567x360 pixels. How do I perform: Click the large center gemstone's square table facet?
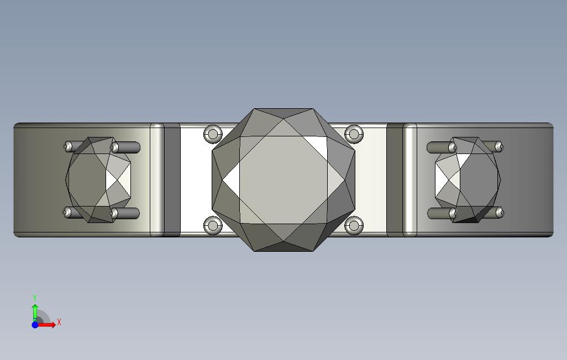point(283,179)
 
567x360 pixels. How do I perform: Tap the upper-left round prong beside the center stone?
point(213,134)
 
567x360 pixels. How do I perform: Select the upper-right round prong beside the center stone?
point(354,134)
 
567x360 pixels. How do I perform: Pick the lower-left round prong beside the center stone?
point(213,225)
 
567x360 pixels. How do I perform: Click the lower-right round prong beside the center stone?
point(354,225)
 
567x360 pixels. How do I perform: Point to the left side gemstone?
point(98,179)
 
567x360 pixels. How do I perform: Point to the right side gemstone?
point(468,179)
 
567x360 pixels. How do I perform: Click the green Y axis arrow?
point(35,313)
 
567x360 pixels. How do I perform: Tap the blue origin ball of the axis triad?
point(35,325)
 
